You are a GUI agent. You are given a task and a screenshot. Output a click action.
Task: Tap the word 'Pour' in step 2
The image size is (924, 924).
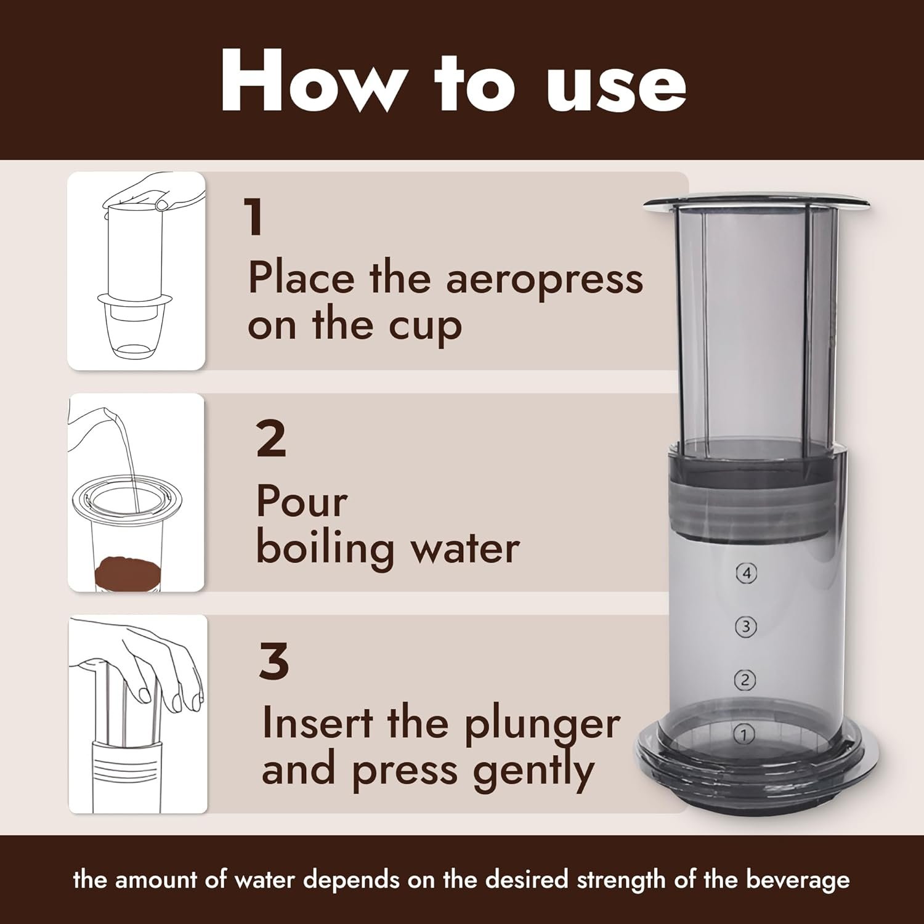[x=302, y=502]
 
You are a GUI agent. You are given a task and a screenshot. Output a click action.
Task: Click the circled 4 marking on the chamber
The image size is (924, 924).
[x=747, y=573]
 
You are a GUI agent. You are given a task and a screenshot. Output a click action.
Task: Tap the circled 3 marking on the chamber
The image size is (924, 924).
[x=746, y=627]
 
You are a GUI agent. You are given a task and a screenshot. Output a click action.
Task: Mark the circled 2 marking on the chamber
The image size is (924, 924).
[x=745, y=680]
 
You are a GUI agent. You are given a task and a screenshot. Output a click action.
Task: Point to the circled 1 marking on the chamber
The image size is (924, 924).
[x=745, y=734]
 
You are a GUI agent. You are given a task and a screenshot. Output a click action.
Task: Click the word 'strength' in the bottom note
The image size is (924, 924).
[x=623, y=880]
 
